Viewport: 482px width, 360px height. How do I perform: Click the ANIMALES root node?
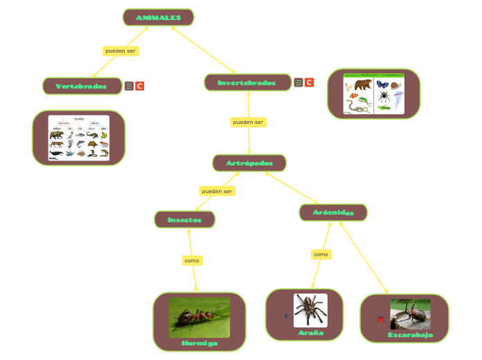click(158, 17)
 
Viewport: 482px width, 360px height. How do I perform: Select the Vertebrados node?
click(82, 87)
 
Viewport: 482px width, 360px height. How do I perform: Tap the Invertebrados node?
click(247, 83)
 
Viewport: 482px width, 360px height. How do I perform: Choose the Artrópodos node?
click(249, 163)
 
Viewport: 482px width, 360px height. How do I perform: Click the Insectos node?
click(184, 220)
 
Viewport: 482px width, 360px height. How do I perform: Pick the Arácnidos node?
click(332, 213)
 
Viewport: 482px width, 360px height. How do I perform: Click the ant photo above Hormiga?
click(199, 317)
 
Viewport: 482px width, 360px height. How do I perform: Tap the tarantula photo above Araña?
click(310, 310)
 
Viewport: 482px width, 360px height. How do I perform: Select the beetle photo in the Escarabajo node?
click(410, 314)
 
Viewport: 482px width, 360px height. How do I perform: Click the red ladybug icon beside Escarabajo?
click(380, 318)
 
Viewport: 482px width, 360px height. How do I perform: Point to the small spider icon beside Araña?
click(286, 316)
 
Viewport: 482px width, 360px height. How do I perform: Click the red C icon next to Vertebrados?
click(140, 87)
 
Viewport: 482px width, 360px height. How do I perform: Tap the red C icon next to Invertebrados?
click(309, 82)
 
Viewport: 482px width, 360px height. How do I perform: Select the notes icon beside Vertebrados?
click(129, 87)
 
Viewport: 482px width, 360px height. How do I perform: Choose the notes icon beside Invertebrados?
click(298, 82)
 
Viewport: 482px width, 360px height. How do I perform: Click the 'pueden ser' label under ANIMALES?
click(120, 51)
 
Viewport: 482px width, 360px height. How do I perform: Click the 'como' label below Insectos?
click(192, 260)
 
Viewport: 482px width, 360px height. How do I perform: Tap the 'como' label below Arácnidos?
click(321, 255)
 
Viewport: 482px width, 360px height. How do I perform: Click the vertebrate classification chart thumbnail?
click(78, 138)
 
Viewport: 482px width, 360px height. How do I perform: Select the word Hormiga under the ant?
click(199, 343)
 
